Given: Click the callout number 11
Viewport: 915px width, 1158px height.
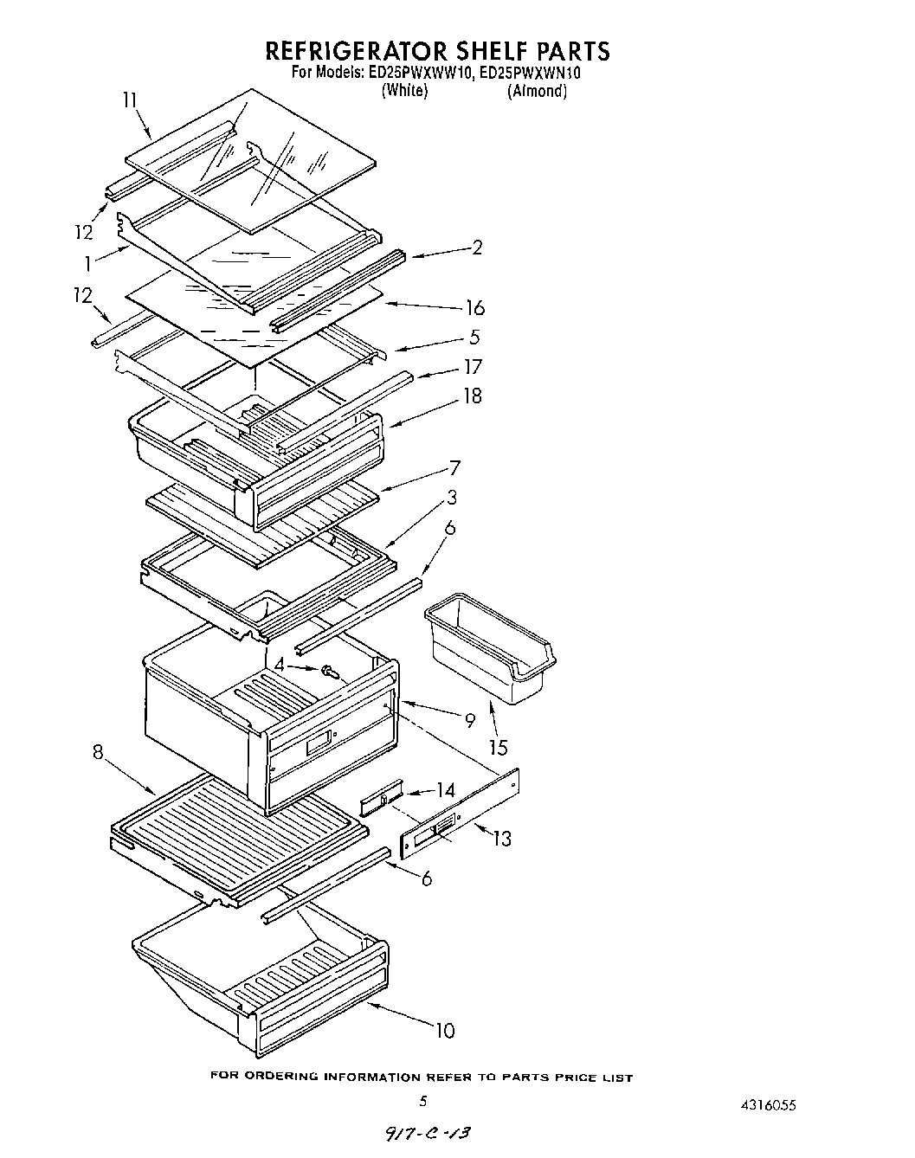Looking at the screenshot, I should [x=130, y=100].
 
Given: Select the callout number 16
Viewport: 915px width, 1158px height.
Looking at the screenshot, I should [x=474, y=308].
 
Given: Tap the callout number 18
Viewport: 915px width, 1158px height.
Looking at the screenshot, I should [x=472, y=396].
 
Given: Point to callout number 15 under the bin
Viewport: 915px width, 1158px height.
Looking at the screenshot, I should [x=498, y=746].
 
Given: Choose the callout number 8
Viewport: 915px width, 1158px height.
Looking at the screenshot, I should [x=100, y=752].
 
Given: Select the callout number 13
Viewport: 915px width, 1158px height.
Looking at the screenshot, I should [x=501, y=838].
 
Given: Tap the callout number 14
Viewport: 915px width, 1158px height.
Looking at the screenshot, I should [x=445, y=789].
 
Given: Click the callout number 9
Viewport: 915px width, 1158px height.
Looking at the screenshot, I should [x=470, y=718].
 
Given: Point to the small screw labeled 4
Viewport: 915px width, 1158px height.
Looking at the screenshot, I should [x=329, y=670].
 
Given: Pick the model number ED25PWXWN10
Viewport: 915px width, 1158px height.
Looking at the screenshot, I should [x=530, y=74].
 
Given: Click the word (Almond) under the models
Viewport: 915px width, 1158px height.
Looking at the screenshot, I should [x=537, y=91].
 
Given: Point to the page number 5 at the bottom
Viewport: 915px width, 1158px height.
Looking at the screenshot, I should [x=423, y=1102].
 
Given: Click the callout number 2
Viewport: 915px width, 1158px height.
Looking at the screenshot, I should [x=477, y=248].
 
